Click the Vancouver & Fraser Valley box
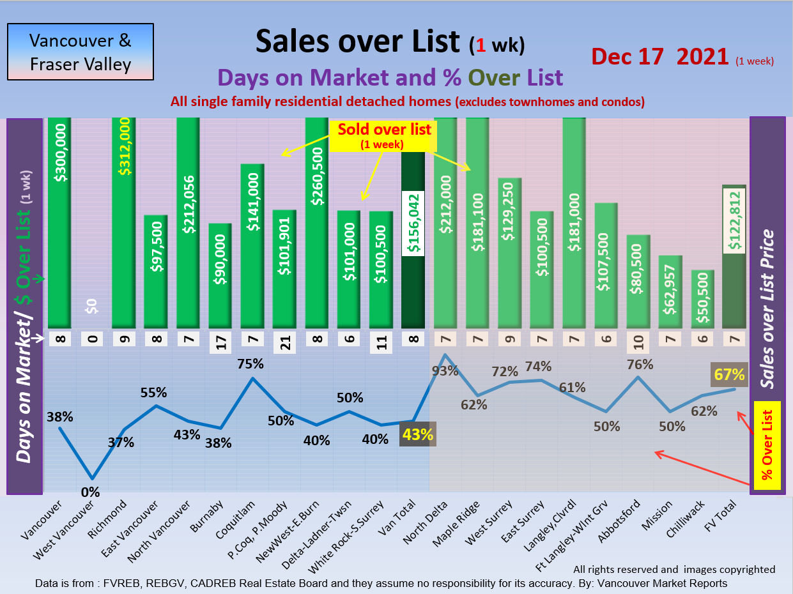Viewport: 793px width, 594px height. pyautogui.click(x=81, y=52)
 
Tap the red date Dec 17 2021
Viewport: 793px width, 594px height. pyautogui.click(x=660, y=57)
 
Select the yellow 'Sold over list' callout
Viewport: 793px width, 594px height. pyautogui.click(x=384, y=134)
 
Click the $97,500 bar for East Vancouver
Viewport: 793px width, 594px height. pyautogui.click(x=156, y=271)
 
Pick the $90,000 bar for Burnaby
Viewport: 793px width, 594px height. pyautogui.click(x=220, y=275)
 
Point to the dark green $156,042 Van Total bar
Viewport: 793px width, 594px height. pyautogui.click(x=413, y=240)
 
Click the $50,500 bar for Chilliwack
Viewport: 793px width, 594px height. pyautogui.click(x=702, y=298)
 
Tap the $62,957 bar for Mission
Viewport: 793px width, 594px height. pyautogui.click(x=670, y=291)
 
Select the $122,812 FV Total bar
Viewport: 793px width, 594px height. pyautogui.click(x=735, y=256)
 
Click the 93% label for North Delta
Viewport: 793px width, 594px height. pyautogui.click(x=445, y=370)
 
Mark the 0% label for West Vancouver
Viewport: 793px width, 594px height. pyautogui.click(x=91, y=492)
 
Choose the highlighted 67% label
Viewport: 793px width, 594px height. pyautogui.click(x=729, y=374)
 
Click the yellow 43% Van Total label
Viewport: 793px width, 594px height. pyautogui.click(x=417, y=434)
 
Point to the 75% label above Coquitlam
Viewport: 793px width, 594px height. pyautogui.click(x=250, y=364)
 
